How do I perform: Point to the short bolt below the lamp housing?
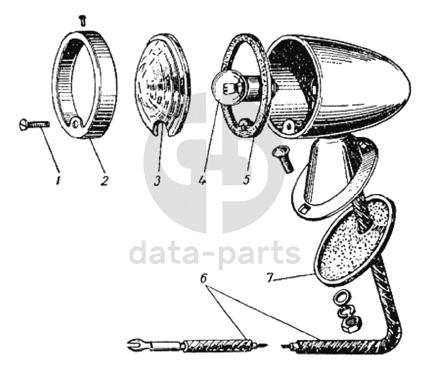(x=283, y=158)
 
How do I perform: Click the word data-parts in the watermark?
(x=214, y=255)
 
